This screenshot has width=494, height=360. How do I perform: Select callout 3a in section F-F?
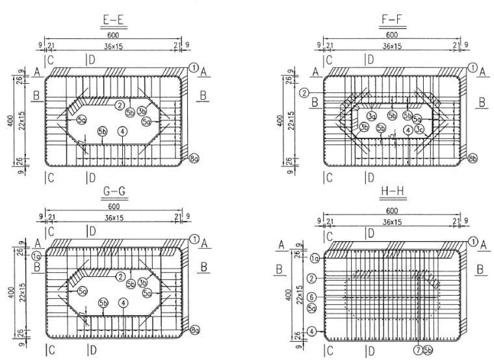(x=372, y=116)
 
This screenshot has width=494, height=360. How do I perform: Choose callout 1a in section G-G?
(x=36, y=256)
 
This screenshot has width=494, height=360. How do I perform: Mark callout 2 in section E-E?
(x=120, y=105)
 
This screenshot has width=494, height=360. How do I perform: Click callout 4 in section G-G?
(x=122, y=303)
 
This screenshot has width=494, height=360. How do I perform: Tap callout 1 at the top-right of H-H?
(x=473, y=241)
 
